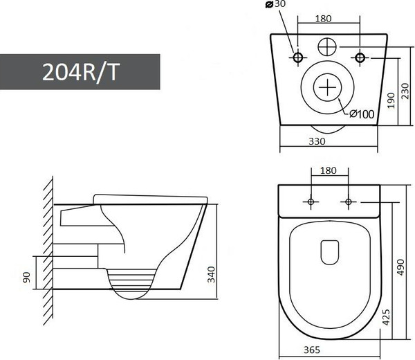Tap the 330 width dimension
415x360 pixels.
point(316,141)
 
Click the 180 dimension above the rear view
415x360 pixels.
point(329,19)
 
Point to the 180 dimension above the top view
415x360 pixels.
point(329,171)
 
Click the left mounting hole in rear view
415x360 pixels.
point(298,57)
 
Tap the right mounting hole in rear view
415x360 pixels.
point(360,57)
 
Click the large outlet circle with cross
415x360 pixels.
point(328,89)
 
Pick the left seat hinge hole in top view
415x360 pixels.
point(311,201)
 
